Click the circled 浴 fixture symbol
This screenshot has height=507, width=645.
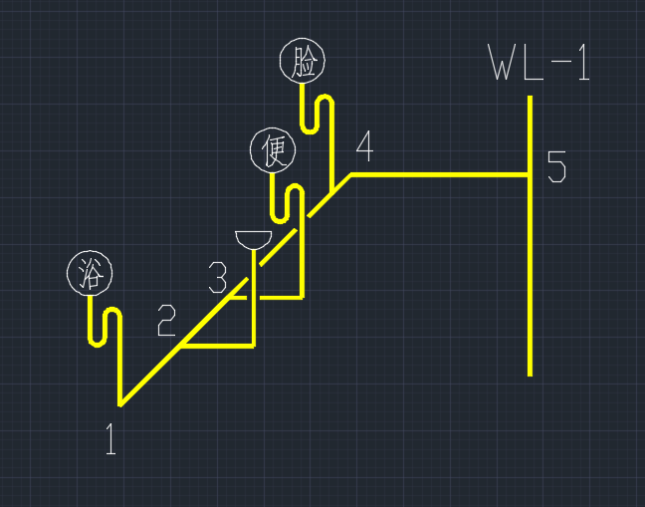tap(90, 272)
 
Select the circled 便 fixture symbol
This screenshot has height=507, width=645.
tap(272, 149)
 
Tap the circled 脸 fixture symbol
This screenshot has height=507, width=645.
tap(303, 62)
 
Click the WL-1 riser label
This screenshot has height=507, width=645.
tap(538, 63)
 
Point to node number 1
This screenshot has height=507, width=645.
tap(110, 439)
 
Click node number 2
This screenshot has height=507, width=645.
tap(166, 320)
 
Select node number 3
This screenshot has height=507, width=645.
tap(217, 277)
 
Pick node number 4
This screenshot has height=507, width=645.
tap(364, 146)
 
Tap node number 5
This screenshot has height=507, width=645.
tap(555, 166)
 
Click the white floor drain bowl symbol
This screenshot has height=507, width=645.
tap(254, 239)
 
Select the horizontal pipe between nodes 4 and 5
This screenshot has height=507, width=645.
tap(438, 174)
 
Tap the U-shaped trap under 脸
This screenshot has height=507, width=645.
tap(316, 115)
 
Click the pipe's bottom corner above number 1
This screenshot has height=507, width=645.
tap(120, 403)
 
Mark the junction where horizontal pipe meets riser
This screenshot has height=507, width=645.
tap(531, 174)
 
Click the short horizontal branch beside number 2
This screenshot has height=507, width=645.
tap(217, 347)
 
